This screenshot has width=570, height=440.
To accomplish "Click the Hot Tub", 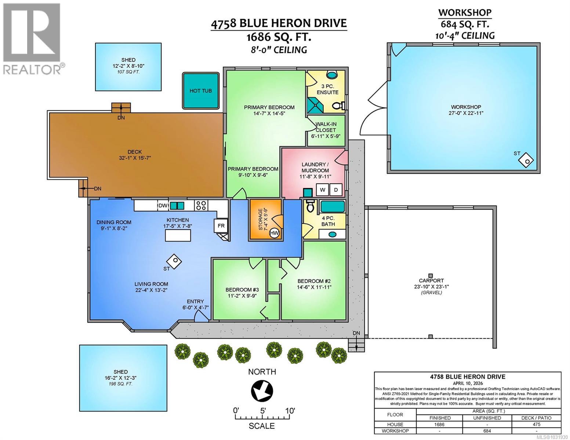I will click(200, 91).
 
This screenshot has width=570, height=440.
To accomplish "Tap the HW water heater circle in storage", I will click(274, 232).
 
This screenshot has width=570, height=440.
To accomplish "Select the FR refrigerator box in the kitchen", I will click(221, 226).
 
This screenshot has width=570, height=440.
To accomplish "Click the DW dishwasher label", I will click(163, 206).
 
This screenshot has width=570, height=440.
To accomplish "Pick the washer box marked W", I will click(323, 190).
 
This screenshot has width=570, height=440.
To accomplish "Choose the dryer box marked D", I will click(335, 190).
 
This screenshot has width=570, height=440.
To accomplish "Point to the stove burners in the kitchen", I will click(201, 205).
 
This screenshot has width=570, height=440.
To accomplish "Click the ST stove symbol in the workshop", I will click(527, 160).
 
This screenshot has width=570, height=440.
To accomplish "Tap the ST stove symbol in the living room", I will click(174, 261).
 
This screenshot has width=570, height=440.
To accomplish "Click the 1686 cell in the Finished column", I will click(440, 424).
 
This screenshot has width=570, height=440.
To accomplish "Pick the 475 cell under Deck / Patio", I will click(536, 424).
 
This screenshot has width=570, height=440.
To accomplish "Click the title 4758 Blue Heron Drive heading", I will click(279, 23).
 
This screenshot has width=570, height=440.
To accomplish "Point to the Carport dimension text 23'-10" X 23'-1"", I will click(431, 287).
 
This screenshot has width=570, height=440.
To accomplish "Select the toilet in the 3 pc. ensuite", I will click(338, 106).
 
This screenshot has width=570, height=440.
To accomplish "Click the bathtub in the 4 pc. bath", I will click(333, 206).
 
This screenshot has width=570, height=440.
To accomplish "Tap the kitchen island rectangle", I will click(178, 236).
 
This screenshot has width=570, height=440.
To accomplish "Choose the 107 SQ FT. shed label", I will click(128, 72).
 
